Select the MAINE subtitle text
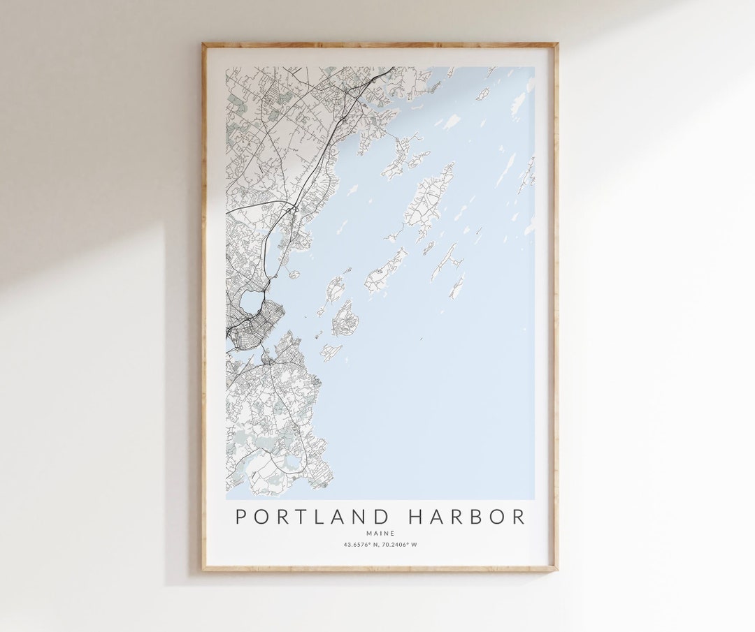point(380,534)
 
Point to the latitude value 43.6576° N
point(361,545)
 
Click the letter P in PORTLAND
point(240,517)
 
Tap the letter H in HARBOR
point(417,517)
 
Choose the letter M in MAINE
point(368,534)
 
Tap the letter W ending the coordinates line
point(415,545)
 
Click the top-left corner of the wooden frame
point(203,44)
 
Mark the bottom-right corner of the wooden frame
point(556,571)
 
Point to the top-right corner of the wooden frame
point(556,44)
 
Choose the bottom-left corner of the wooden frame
point(203,571)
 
